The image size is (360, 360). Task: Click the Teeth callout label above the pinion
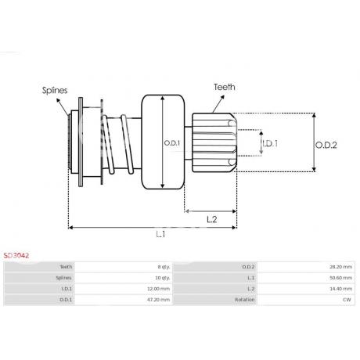pos(224,88)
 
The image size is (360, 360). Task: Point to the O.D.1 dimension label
pos(172,142)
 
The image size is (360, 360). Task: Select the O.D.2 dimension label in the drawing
pos(326,144)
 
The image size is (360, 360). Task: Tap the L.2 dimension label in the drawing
pos(211,219)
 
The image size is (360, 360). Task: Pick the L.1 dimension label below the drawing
pos(160,234)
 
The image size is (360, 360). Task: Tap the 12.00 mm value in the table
pos(159,289)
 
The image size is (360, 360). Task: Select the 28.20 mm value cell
pos(341,267)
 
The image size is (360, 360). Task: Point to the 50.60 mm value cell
pos(341,278)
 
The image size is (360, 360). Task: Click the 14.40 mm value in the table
pos(341,289)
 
